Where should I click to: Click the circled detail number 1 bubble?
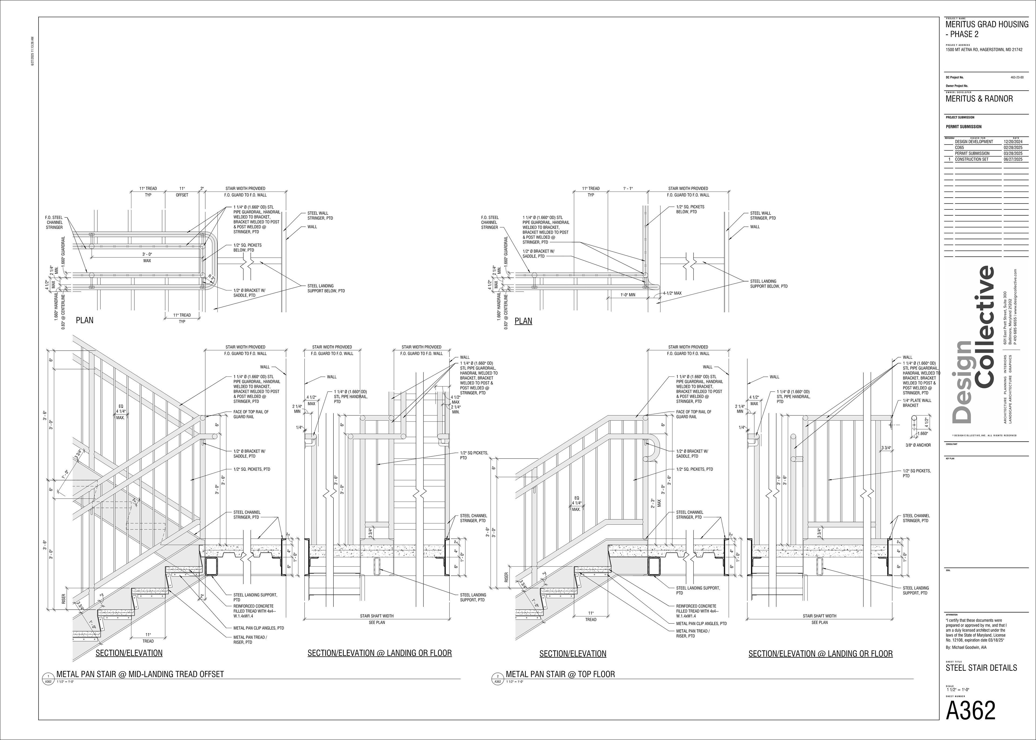[x=47, y=676]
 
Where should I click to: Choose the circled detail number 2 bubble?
[x=497, y=676]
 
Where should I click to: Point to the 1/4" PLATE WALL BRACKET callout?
[x=917, y=403]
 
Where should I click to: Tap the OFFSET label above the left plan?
[x=182, y=195]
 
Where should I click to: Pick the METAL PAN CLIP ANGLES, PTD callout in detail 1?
[x=258, y=628]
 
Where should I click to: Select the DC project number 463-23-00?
[x=1017, y=77]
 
